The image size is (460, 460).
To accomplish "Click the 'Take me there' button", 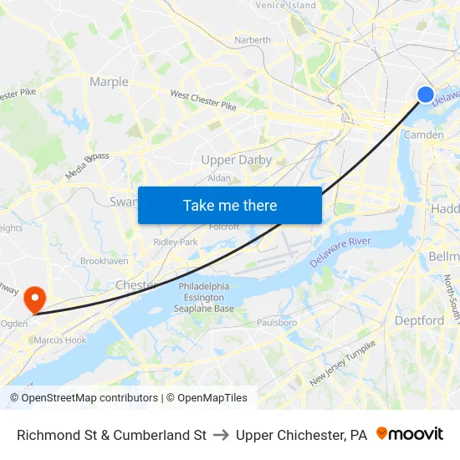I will (x=230, y=206).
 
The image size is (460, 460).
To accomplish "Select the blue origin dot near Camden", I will (x=426, y=95).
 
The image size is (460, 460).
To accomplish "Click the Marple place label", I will (x=109, y=82).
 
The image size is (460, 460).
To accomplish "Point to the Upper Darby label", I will (x=237, y=160).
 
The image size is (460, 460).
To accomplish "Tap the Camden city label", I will (x=423, y=135).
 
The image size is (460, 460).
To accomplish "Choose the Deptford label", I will (x=420, y=320).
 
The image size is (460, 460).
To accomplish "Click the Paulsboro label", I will (x=277, y=322).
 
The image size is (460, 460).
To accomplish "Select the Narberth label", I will (x=253, y=39).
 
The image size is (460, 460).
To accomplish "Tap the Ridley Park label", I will (x=176, y=242).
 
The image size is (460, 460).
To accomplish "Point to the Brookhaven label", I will (x=105, y=261).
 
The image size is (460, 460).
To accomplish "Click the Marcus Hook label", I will (x=59, y=340).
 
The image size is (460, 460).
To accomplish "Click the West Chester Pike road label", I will (x=203, y=100).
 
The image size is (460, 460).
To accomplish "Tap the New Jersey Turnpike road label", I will (x=343, y=363).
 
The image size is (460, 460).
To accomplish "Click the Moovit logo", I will (x=410, y=434).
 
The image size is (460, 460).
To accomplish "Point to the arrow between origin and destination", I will (x=221, y=435).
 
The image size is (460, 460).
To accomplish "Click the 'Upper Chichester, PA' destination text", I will (x=301, y=435).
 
